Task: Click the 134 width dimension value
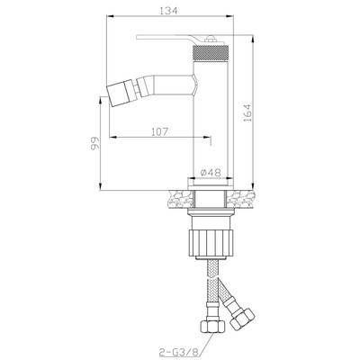click(168, 10)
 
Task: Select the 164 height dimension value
click(247, 112)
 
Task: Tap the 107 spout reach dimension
click(159, 131)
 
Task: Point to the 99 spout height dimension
click(94, 143)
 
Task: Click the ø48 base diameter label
click(211, 173)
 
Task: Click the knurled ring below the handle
click(211, 52)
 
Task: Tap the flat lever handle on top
click(181, 39)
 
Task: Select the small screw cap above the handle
click(211, 39)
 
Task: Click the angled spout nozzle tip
click(119, 92)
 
